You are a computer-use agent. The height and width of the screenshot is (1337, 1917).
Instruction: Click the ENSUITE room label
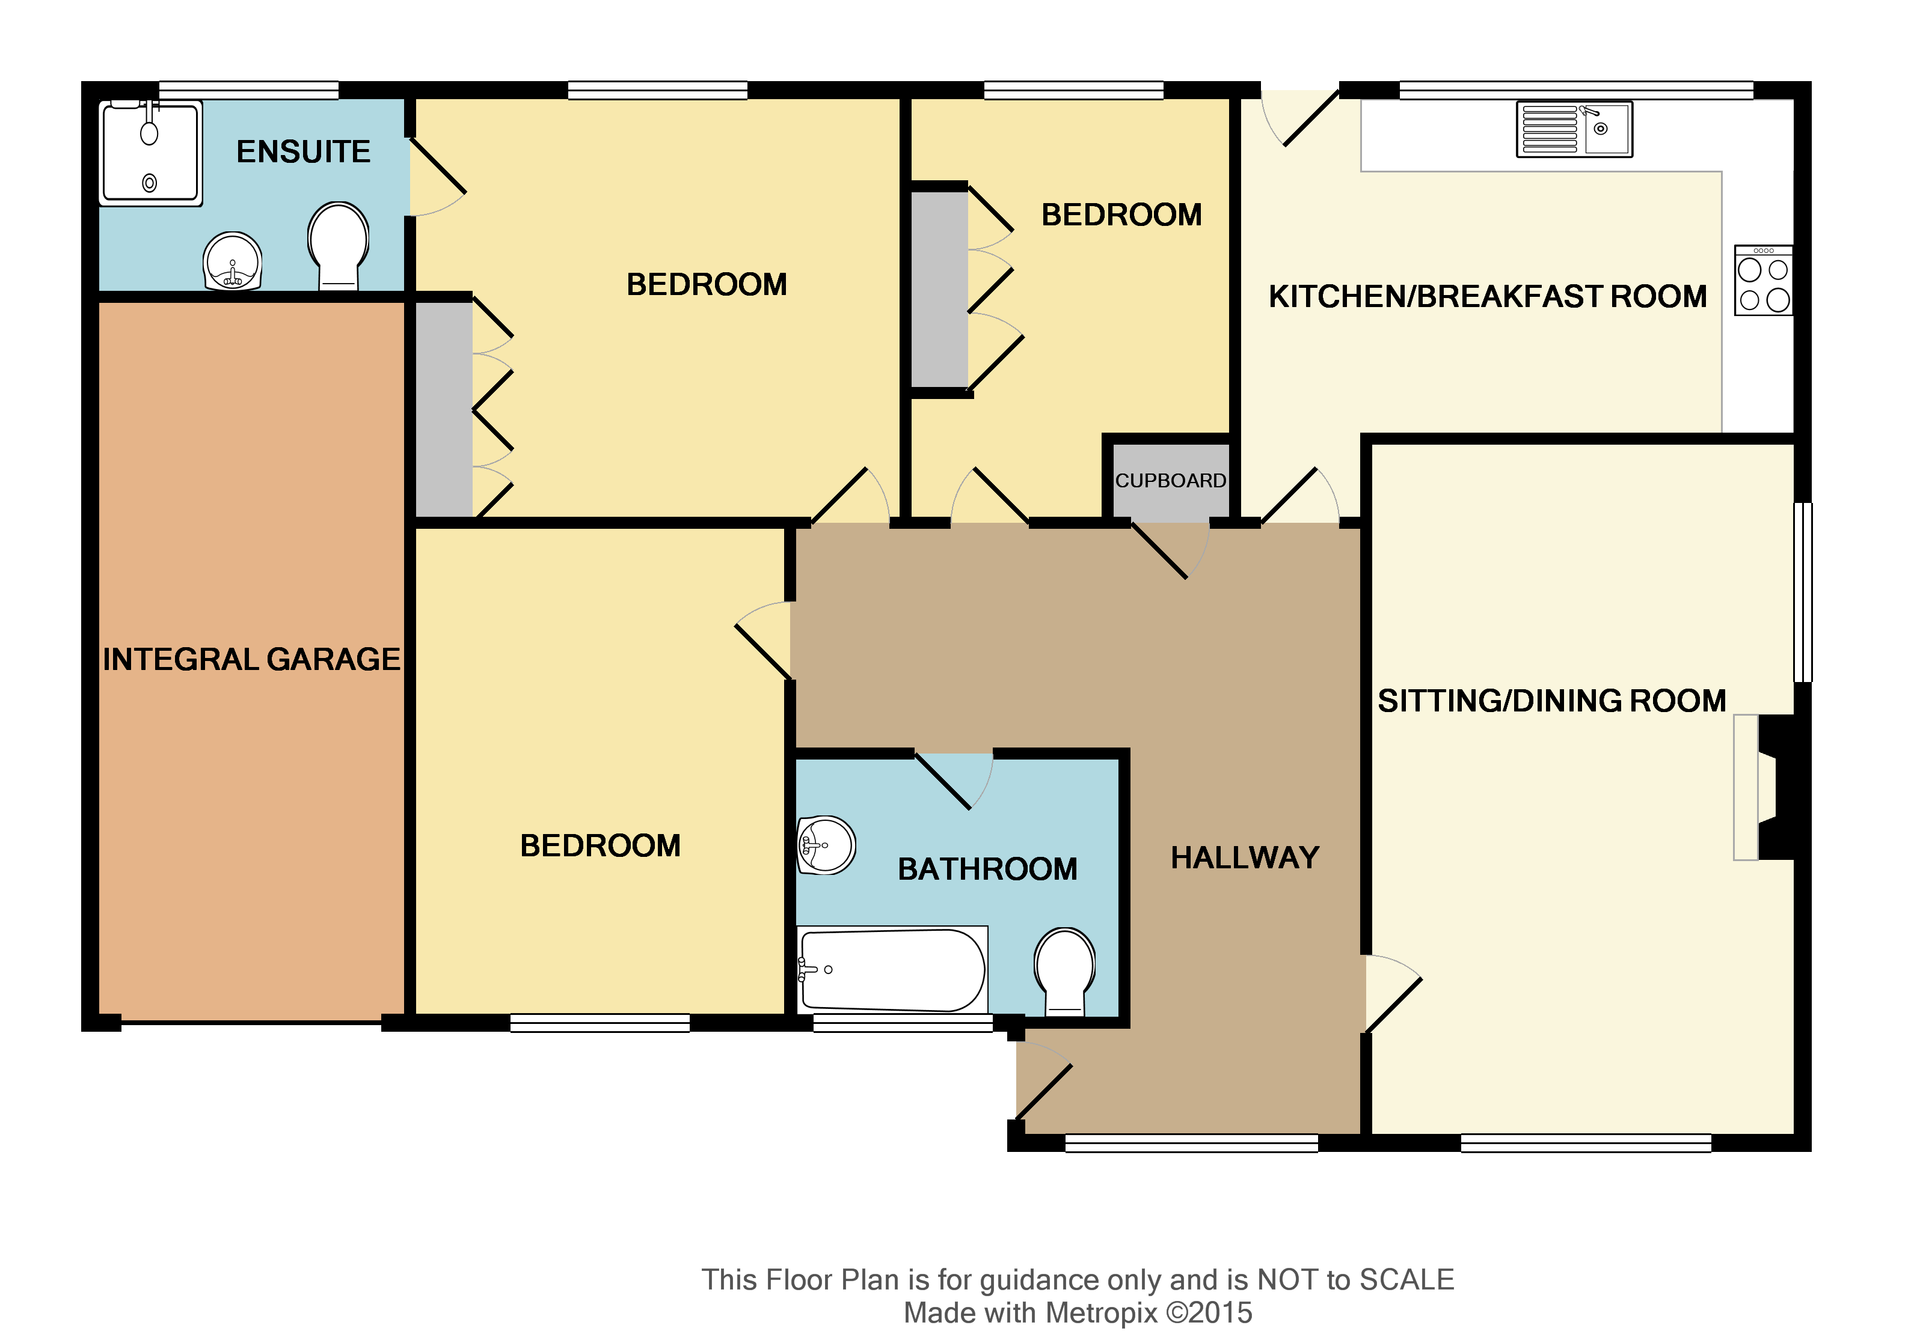click(303, 152)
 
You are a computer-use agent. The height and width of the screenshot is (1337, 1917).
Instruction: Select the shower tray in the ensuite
click(150, 153)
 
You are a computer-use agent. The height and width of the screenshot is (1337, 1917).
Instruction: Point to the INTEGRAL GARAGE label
click(251, 659)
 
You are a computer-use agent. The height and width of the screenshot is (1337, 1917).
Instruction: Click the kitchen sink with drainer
click(1574, 129)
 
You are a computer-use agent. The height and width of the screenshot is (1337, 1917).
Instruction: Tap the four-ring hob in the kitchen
click(1764, 281)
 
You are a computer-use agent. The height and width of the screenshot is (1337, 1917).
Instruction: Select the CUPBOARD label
click(1171, 481)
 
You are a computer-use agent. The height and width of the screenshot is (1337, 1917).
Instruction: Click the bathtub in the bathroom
click(892, 970)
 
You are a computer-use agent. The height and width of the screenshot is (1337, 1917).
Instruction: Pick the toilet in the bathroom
click(1064, 970)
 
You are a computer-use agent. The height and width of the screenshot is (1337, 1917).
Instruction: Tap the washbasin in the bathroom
click(826, 845)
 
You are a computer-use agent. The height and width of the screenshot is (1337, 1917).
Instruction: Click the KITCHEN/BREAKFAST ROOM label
click(1488, 296)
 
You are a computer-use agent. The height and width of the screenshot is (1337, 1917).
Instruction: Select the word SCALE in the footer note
click(1407, 1279)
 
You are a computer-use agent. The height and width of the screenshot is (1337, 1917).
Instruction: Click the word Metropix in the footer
click(1101, 1313)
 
